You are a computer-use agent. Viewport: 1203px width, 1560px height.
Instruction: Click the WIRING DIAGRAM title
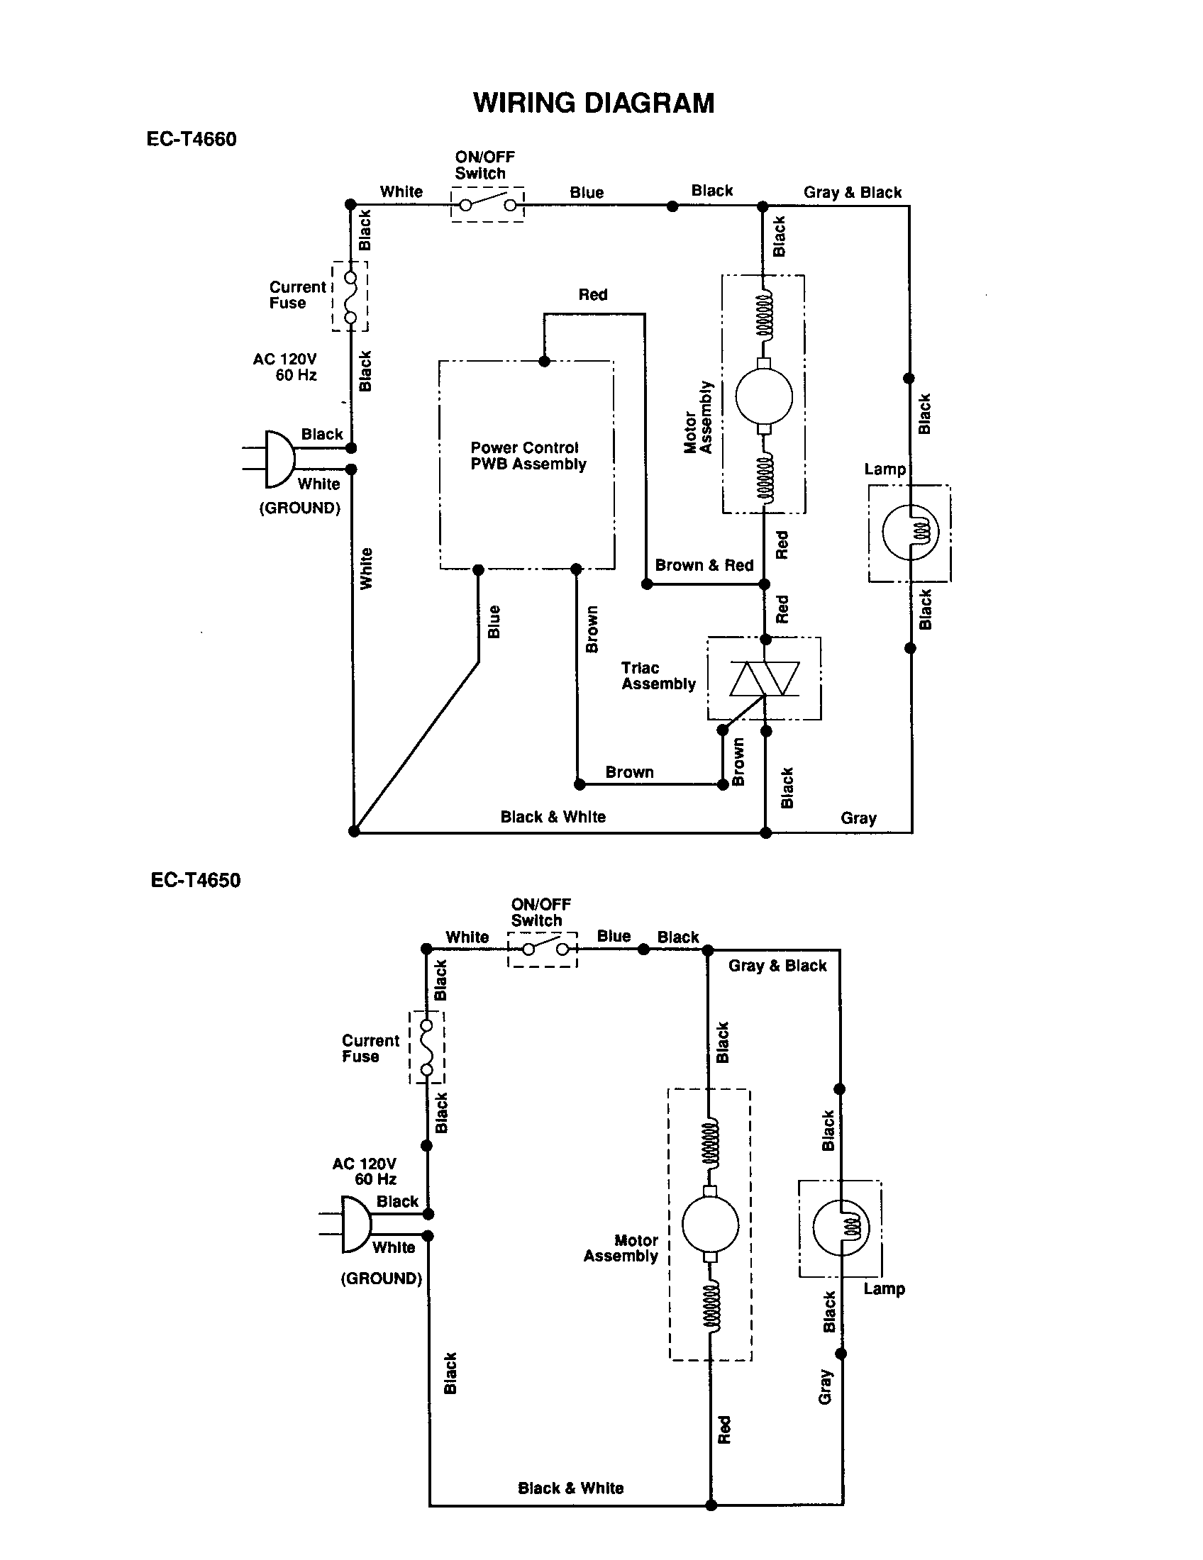pos(594,104)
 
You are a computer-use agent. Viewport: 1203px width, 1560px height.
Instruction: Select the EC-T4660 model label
pos(192,138)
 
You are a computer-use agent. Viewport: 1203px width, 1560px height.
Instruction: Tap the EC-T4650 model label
pos(196,880)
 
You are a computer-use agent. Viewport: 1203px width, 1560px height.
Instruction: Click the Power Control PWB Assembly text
pos(527,456)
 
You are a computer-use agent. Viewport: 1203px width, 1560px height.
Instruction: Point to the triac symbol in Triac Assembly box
pos(765,679)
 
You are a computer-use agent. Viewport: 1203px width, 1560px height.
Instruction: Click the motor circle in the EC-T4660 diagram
pos(764,396)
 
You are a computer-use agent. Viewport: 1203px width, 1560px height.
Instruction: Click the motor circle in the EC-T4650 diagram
pos(710,1224)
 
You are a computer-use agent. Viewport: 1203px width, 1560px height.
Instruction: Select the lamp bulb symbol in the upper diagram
pos(910,530)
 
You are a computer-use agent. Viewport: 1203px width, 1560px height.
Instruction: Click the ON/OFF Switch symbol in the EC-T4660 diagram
pos(488,205)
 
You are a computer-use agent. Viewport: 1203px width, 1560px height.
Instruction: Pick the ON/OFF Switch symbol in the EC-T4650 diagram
pos(543,949)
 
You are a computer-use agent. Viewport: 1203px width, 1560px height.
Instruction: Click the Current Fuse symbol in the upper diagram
pos(350,296)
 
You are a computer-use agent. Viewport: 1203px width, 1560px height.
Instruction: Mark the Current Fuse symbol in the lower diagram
pos(427,1047)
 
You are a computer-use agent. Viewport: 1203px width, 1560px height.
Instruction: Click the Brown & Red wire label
pos(704,565)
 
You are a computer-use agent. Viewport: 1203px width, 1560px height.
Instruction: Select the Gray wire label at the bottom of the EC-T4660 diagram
pos(858,818)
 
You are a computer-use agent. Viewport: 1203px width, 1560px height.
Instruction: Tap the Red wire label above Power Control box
pos(593,294)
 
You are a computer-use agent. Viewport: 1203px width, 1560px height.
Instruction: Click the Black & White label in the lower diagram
pos(570,1488)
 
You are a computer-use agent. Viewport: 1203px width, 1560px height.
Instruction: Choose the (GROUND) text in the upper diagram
pos(299,508)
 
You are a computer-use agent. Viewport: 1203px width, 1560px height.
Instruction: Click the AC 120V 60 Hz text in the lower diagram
pos(365,1171)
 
